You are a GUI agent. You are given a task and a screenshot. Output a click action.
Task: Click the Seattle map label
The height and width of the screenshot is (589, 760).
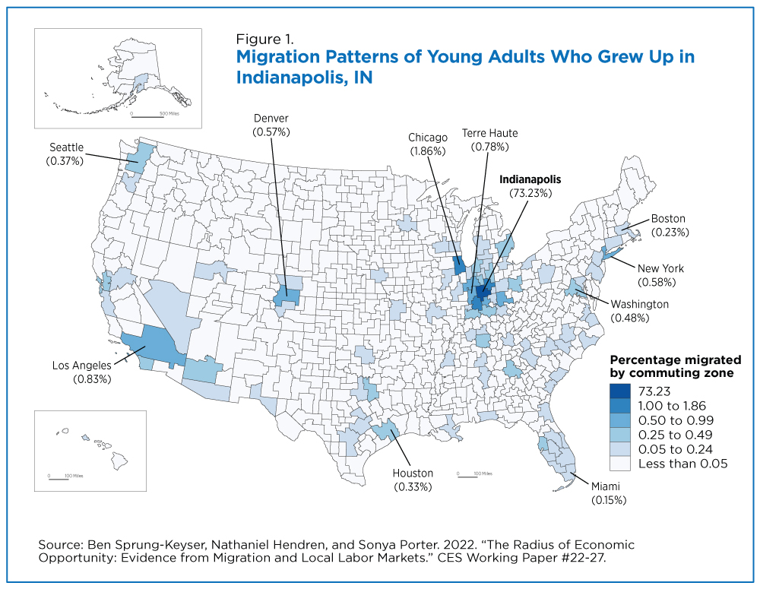click(x=65, y=154)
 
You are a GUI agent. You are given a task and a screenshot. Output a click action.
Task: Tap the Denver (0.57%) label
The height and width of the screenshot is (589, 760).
click(x=271, y=125)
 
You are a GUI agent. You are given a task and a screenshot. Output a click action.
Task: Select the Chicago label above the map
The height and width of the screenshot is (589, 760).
click(x=427, y=144)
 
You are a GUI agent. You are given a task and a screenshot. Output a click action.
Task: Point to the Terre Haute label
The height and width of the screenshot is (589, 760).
click(x=489, y=140)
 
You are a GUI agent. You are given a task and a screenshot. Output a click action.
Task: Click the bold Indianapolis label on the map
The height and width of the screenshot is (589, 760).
click(x=530, y=186)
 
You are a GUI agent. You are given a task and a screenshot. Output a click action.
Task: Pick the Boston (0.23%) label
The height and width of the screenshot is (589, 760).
click(x=670, y=226)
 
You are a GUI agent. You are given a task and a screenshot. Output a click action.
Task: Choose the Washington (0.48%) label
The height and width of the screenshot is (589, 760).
click(x=639, y=311)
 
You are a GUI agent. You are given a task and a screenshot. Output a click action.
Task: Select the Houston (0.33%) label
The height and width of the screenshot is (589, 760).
click(x=413, y=480)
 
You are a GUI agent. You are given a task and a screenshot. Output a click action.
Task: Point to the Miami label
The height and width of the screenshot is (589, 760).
click(x=608, y=493)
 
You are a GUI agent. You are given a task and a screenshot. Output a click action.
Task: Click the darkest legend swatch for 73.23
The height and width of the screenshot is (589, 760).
click(x=620, y=391)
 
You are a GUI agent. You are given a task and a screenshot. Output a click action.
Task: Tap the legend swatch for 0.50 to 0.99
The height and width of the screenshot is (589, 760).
click(x=620, y=420)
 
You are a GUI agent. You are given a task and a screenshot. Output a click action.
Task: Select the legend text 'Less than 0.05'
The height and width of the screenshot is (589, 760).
click(x=683, y=464)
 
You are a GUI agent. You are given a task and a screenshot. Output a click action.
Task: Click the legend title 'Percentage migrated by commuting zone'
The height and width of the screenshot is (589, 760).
click(x=675, y=366)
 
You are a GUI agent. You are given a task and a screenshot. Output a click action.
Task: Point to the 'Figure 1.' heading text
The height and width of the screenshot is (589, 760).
click(x=264, y=39)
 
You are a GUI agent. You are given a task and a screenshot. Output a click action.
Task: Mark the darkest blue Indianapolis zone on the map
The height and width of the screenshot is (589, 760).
click(x=483, y=292)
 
